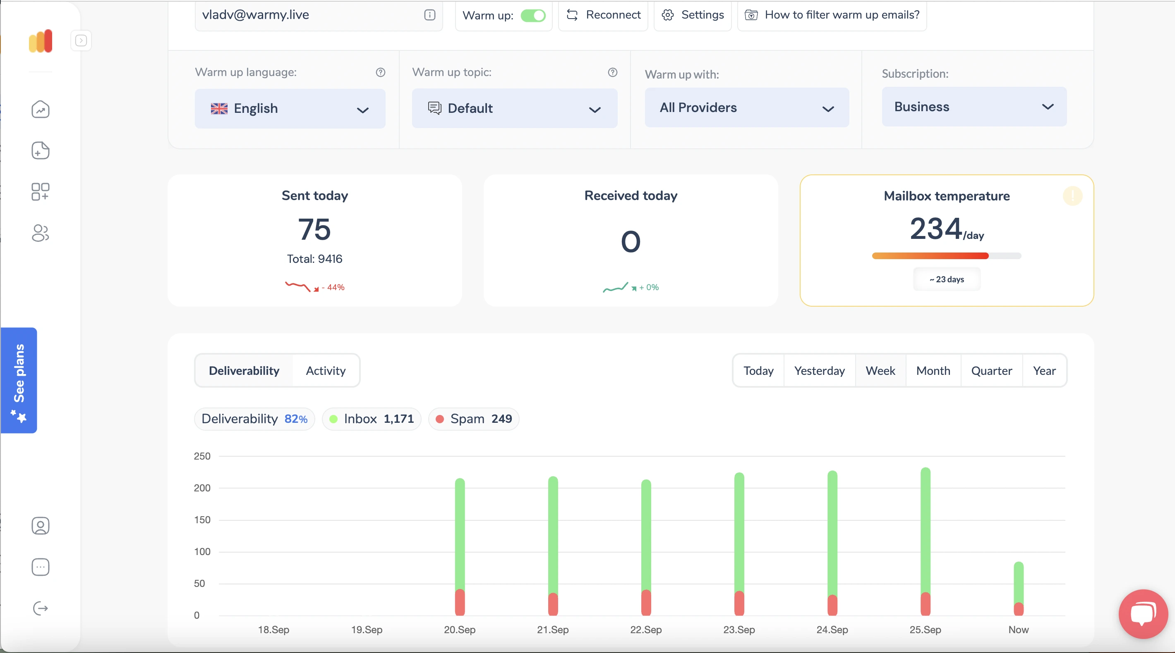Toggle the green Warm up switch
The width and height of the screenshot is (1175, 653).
(x=533, y=15)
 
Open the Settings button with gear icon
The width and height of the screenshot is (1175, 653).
(x=693, y=15)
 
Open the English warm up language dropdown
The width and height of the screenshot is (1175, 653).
(x=290, y=108)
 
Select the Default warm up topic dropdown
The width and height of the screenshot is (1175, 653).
(x=515, y=108)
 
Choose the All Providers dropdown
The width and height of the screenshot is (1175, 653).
(x=747, y=107)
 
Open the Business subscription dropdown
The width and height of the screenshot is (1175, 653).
(x=974, y=107)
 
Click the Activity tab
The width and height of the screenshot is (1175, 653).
(x=326, y=370)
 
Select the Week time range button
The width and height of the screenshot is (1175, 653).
(x=880, y=370)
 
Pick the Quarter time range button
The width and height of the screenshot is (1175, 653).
(x=992, y=370)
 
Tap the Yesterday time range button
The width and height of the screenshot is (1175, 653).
(x=819, y=370)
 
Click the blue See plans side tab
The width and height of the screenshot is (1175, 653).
(x=19, y=380)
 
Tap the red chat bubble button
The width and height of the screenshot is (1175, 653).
(x=1143, y=614)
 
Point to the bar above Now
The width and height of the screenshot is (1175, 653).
(x=1019, y=588)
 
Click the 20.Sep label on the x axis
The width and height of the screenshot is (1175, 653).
(x=460, y=629)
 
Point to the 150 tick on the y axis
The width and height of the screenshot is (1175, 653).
(x=202, y=520)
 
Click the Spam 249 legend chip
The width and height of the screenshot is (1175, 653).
(x=473, y=419)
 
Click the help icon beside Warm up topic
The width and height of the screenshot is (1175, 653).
(x=613, y=72)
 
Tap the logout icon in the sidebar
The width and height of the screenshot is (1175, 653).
(x=40, y=608)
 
